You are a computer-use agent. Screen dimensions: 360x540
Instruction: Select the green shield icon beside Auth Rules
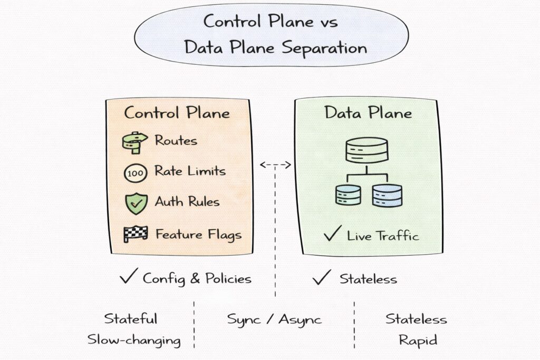click(x=134, y=202)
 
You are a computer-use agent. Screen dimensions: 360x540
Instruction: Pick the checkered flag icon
click(x=135, y=233)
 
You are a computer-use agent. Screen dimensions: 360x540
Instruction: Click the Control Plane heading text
click(x=177, y=113)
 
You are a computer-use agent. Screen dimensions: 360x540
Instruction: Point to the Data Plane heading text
click(x=368, y=113)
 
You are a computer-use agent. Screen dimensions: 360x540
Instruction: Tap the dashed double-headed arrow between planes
click(x=275, y=165)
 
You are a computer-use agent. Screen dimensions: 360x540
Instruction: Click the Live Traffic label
click(x=383, y=236)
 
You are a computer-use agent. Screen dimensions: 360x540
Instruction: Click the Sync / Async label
click(x=274, y=319)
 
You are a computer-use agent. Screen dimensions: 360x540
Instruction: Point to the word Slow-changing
click(x=134, y=340)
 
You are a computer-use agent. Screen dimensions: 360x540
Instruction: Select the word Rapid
click(x=418, y=340)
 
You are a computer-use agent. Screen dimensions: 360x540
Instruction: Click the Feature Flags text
click(x=198, y=233)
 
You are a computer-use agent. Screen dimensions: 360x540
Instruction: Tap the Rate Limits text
click(x=190, y=171)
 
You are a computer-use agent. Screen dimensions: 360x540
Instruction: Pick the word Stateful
click(x=130, y=319)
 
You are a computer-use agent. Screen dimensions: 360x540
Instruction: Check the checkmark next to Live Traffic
click(x=332, y=234)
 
